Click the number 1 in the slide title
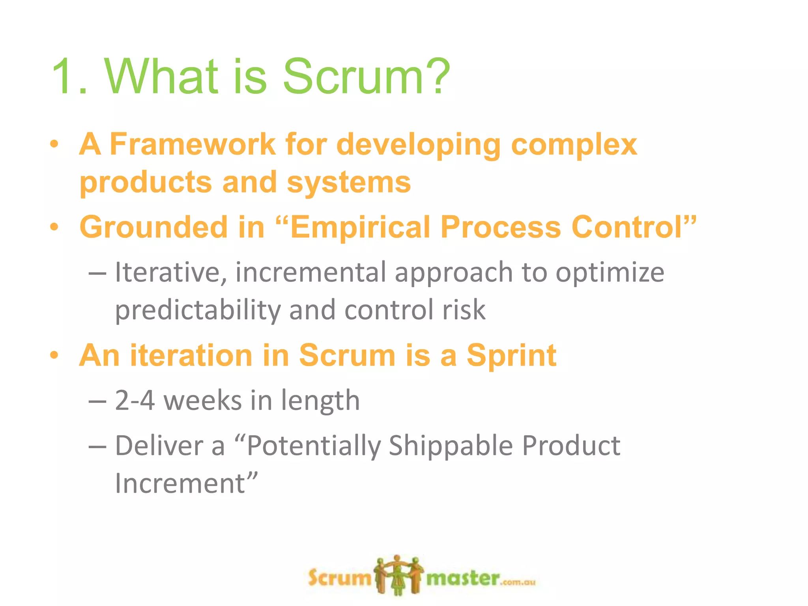point(65,77)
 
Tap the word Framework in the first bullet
point(192,144)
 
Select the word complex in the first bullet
point(574,145)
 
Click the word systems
point(349,183)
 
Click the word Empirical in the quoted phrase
point(360,228)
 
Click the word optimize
point(610,273)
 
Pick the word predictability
point(197,310)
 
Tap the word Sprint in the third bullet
point(511,356)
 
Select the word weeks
point(202,401)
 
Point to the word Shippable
point(451,446)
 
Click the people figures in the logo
point(398,575)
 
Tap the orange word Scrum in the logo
point(340,578)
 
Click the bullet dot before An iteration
point(54,356)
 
